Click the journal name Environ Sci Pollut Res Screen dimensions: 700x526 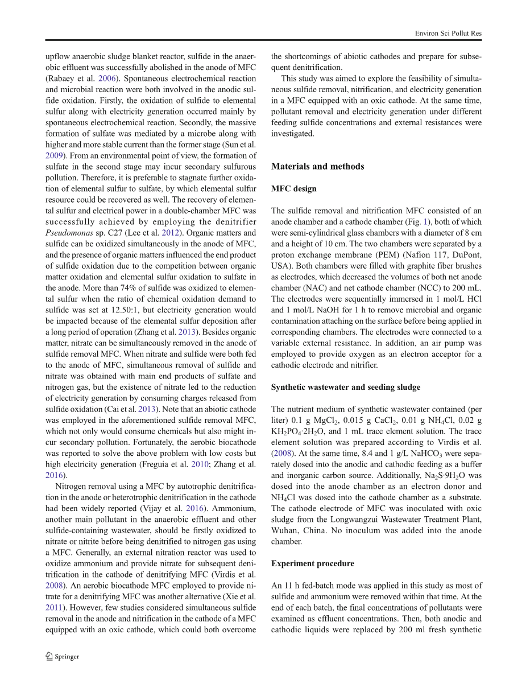click(448, 34)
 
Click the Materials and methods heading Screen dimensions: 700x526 click(317, 167)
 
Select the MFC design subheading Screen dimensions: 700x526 click(293, 189)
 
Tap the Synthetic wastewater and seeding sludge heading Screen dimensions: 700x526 click(345, 387)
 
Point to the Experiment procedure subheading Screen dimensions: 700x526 click(312, 563)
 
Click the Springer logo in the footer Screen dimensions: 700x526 click(63, 656)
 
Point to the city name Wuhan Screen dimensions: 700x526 click(285, 530)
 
